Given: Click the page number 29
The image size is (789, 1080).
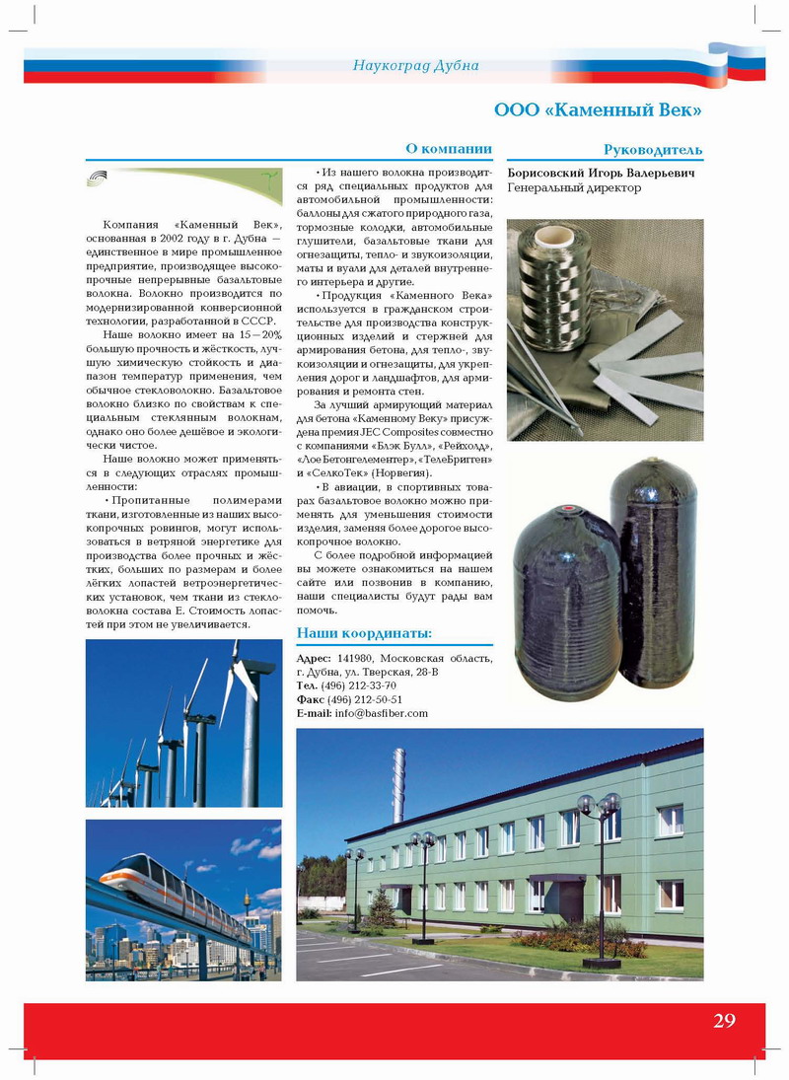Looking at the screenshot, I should click(x=724, y=1021).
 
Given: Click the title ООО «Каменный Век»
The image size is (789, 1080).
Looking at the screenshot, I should click(x=598, y=109).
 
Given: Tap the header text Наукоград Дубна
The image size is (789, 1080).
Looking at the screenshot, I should click(x=415, y=65).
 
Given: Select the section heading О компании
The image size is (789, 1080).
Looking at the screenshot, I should click(x=449, y=148).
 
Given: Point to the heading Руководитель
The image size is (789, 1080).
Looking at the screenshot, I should click(x=653, y=150).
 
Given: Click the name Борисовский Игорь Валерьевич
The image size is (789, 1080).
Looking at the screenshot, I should click(x=601, y=173).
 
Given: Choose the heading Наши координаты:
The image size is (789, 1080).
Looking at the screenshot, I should click(x=364, y=632).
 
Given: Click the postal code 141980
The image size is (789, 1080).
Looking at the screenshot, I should click(x=356, y=658).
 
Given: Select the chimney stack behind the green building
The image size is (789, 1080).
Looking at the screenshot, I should click(x=398, y=784).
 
